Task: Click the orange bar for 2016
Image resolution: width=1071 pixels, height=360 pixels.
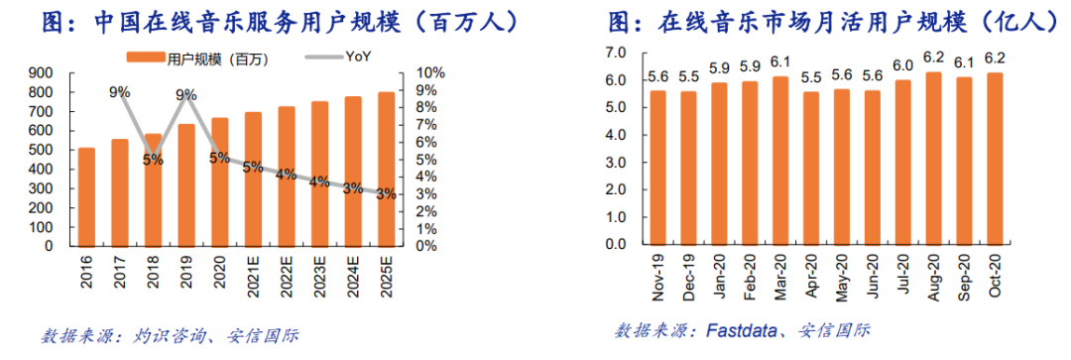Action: point(87,195)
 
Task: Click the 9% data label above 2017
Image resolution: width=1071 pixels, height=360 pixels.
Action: point(120,93)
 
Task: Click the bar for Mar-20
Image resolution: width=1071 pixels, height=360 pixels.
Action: point(781,160)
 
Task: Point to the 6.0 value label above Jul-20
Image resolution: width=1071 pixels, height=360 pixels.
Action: point(902,65)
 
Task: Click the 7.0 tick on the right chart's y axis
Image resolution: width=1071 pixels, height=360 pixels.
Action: point(616,52)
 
